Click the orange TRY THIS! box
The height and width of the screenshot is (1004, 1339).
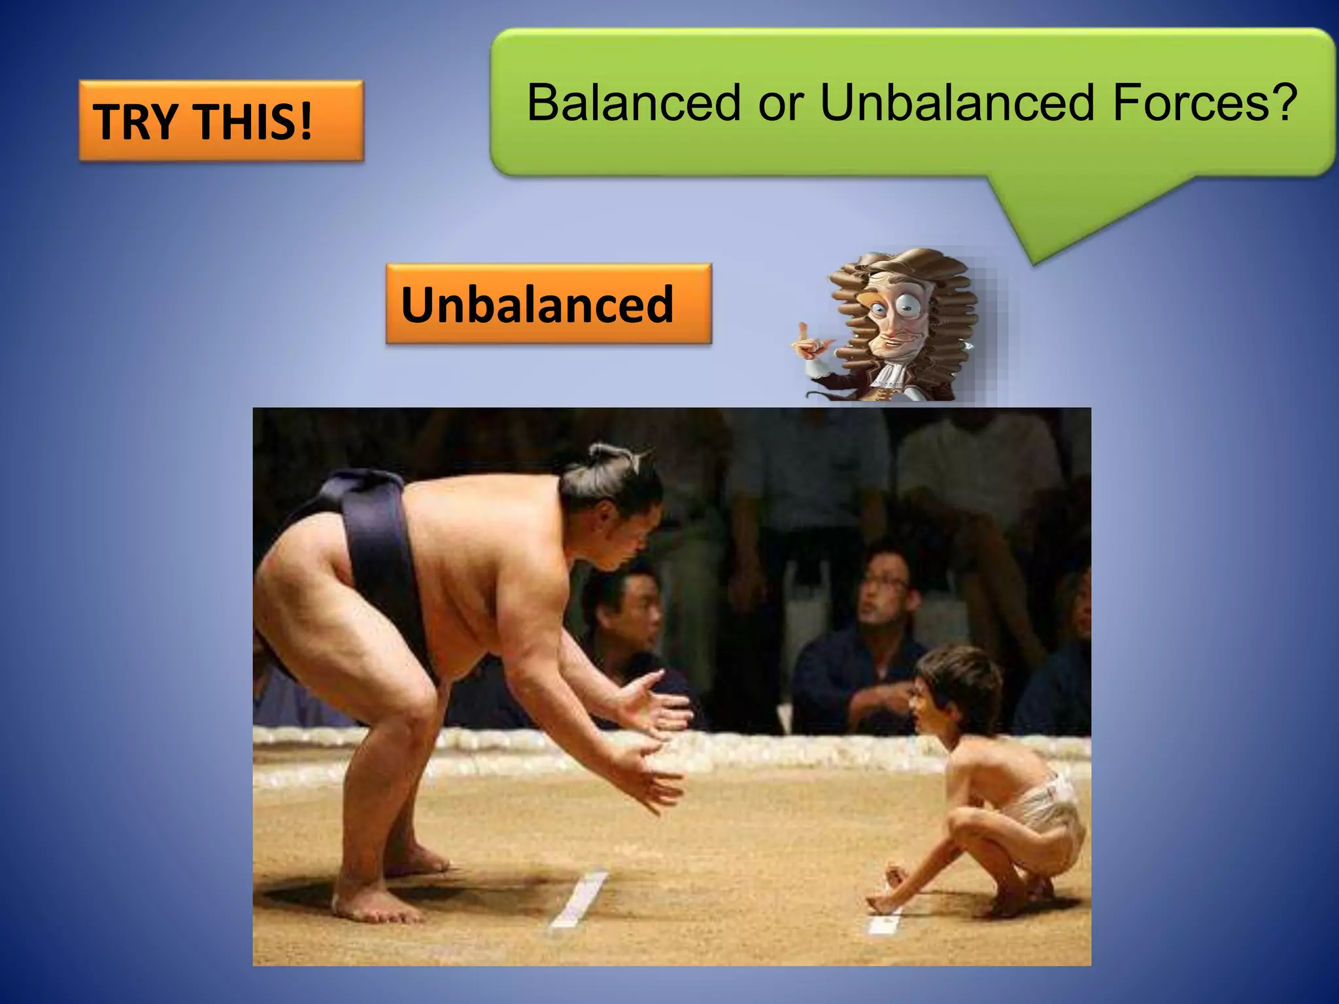pos(221,121)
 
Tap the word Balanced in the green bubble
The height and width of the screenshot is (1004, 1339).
pos(634,103)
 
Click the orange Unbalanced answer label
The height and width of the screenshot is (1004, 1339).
pos(548,304)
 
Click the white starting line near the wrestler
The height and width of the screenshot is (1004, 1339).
pos(579,899)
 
